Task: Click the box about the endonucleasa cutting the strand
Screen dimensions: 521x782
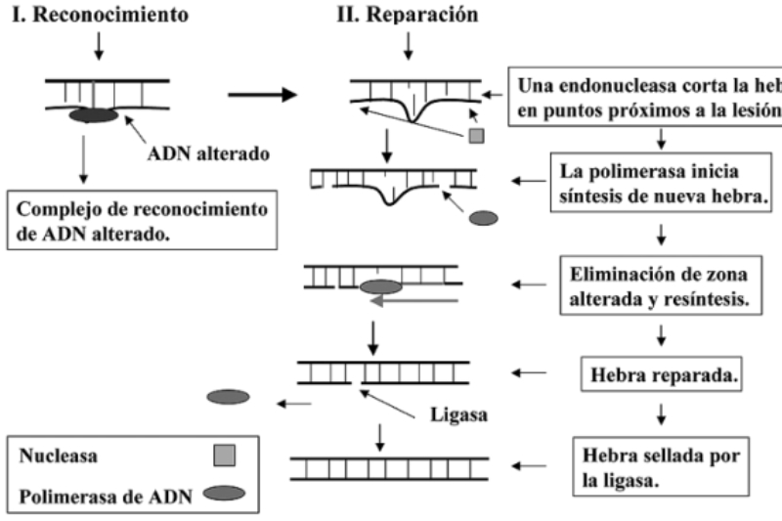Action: tap(646, 96)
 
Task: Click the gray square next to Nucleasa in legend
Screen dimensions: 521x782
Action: tap(225, 455)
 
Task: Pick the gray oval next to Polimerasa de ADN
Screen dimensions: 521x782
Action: tap(225, 493)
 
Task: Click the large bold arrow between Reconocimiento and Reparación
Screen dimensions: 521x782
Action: tap(263, 95)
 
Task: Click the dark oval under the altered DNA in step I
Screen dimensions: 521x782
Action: tap(93, 115)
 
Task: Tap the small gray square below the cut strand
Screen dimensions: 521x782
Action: tap(476, 134)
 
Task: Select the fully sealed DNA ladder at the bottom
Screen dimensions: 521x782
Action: tap(381, 466)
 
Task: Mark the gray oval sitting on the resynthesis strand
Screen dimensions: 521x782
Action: tap(380, 287)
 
